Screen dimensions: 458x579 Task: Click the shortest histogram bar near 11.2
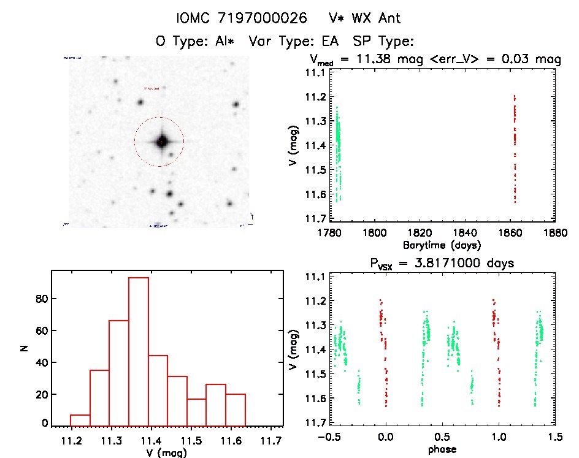point(80,420)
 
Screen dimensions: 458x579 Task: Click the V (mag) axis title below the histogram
point(167,454)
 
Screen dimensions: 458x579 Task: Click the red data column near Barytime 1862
point(515,147)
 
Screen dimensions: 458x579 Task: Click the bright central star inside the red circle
point(161,142)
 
